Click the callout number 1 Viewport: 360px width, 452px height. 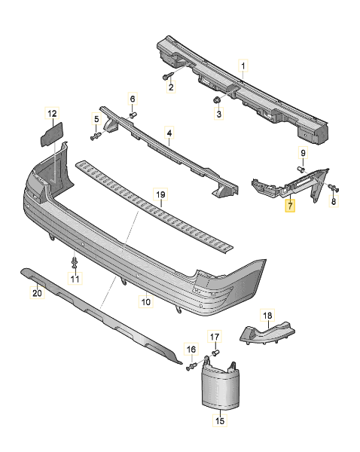(x=243, y=66)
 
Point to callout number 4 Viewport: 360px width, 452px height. (x=169, y=135)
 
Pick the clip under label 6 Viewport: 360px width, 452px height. (x=133, y=114)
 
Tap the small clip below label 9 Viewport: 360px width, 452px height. (x=301, y=170)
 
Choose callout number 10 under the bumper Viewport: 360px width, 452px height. (x=145, y=302)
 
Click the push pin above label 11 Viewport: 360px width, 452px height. (x=75, y=263)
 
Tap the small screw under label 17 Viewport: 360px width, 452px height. (x=215, y=353)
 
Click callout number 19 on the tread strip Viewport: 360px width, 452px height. (x=160, y=194)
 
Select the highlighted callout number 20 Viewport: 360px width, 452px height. (x=37, y=294)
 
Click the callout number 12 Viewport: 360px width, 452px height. (x=52, y=114)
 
